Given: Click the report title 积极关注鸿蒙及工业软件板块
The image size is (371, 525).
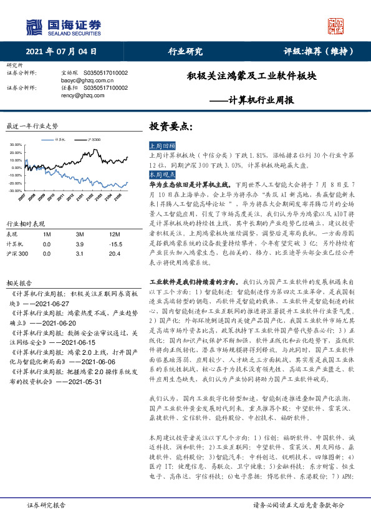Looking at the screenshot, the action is pyautogui.click(x=252, y=77).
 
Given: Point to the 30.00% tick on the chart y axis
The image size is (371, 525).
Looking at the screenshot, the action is pyautogui.click(x=17, y=145).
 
